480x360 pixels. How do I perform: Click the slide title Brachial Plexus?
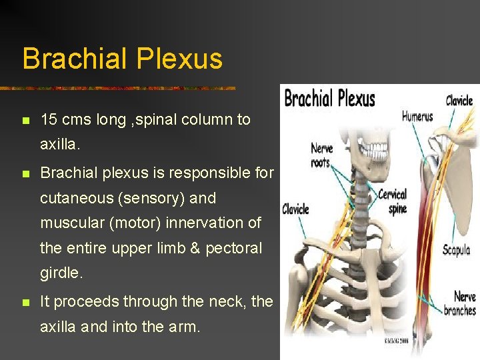[122, 59]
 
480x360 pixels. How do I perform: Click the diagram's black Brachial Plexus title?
[329, 99]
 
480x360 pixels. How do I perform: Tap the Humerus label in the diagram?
[417, 117]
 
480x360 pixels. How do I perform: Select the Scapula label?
[457, 250]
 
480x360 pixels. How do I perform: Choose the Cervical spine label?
[393, 201]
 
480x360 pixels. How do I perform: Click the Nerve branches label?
[460, 303]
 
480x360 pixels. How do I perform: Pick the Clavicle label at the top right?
[459, 101]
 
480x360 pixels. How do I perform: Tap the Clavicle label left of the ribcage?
[295, 209]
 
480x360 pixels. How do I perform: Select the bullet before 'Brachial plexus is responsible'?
[25, 174]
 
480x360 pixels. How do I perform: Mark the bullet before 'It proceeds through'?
[25, 303]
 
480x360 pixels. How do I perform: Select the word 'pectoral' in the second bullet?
[234, 248]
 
